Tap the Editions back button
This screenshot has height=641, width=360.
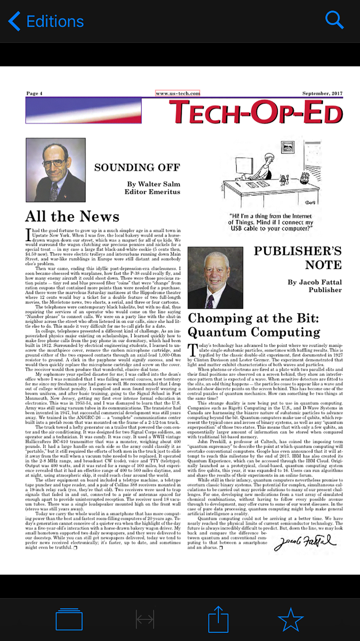[x=46, y=21]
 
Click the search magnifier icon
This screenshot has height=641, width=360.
[x=334, y=20]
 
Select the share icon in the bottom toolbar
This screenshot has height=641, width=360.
[x=218, y=619]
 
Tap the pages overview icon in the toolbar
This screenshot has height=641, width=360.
[x=69, y=619]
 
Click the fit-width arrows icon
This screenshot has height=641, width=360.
[x=145, y=619]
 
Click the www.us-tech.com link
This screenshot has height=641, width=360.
[x=178, y=93]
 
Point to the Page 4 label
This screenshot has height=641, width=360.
[x=34, y=93]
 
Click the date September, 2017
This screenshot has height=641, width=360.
[x=322, y=93]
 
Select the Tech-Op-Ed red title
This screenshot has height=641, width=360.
[x=256, y=112]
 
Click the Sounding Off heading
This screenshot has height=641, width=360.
[x=137, y=167]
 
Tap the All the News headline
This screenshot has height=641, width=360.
[x=72, y=216]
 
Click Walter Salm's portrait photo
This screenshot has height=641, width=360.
[x=56, y=170]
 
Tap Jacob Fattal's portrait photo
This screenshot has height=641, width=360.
[x=215, y=278]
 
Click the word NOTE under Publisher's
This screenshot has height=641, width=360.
[x=323, y=265]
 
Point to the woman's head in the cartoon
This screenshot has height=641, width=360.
[x=269, y=158]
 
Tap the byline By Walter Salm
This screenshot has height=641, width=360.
[x=154, y=184]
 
